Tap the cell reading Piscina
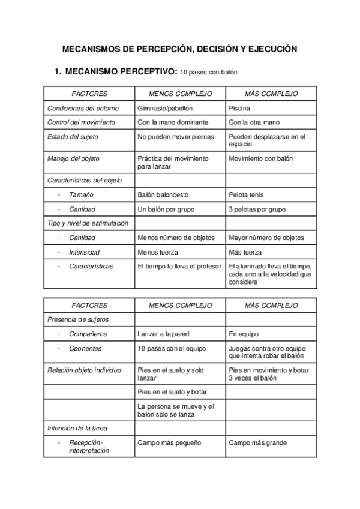[240, 109]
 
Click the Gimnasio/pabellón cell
[165, 109]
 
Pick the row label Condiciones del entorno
[83, 109]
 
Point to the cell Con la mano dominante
[173, 122]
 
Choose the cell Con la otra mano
[254, 122]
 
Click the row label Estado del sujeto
[73, 137]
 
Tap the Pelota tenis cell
[246, 195]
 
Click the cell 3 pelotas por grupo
[257, 209]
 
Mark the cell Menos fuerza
[158, 253]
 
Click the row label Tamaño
[81, 195]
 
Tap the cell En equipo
[244, 334]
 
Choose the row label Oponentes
[85, 348]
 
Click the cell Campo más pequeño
[169, 443]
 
